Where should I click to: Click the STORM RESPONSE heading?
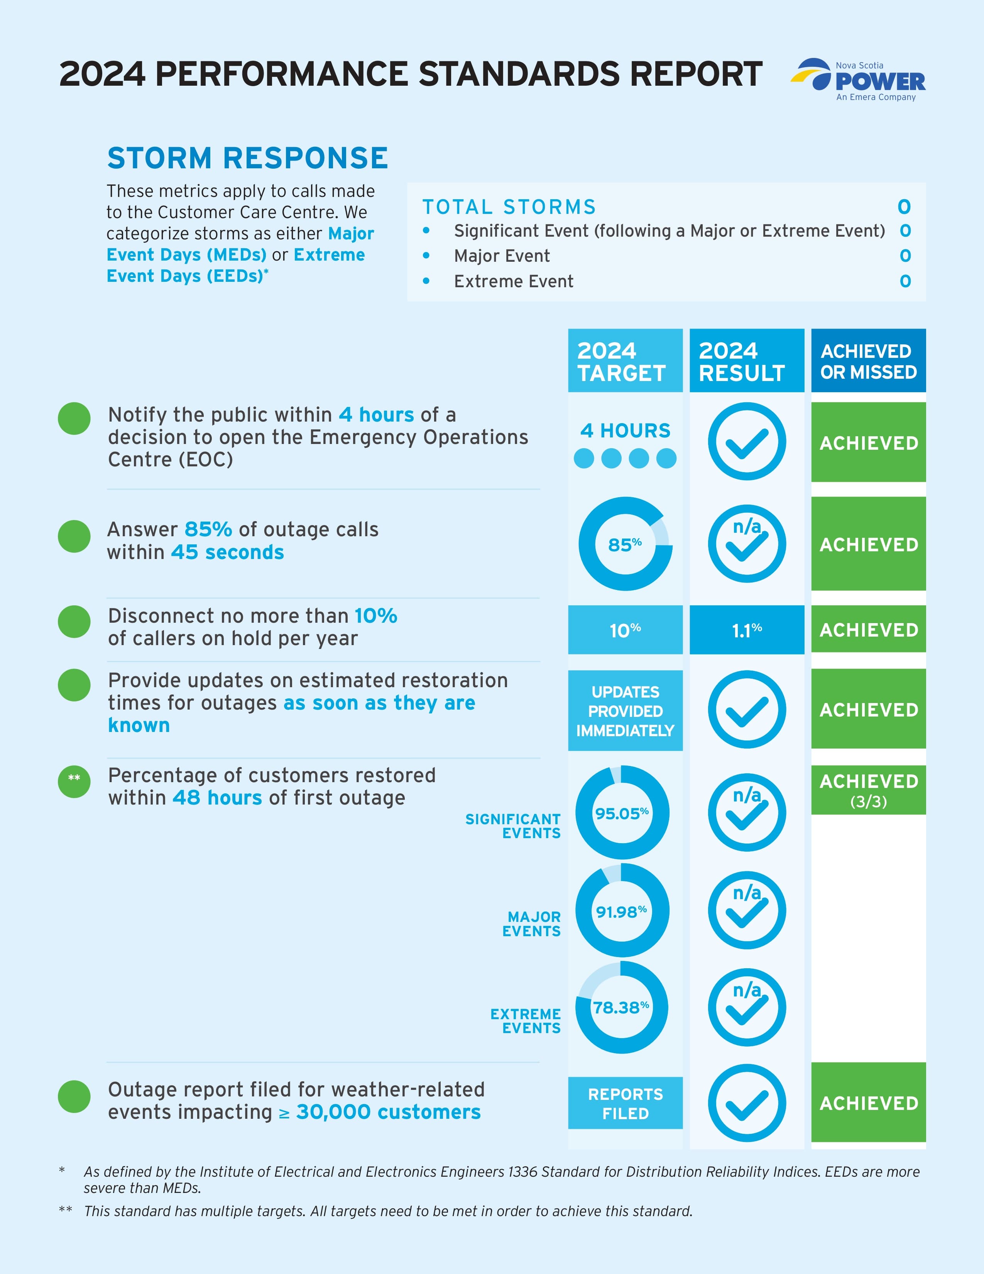click(x=248, y=158)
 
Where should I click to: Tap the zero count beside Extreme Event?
click(x=905, y=281)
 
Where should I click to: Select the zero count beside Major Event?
click(x=905, y=256)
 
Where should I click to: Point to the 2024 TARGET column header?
click(x=625, y=361)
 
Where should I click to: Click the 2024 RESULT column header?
click(x=746, y=361)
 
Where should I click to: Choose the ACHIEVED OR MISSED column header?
click(x=868, y=361)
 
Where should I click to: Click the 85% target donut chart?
click(x=625, y=544)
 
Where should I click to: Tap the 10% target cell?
click(x=625, y=629)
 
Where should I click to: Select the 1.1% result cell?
click(x=746, y=629)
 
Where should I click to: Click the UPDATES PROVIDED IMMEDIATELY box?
click(x=625, y=710)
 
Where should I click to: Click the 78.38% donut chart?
click(x=622, y=1007)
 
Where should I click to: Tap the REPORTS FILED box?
click(x=625, y=1103)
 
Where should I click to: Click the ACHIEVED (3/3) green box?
click(x=868, y=790)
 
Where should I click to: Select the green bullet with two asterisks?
click(x=74, y=781)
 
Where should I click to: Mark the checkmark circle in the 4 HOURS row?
click(x=746, y=442)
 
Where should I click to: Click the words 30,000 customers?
click(x=388, y=1112)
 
